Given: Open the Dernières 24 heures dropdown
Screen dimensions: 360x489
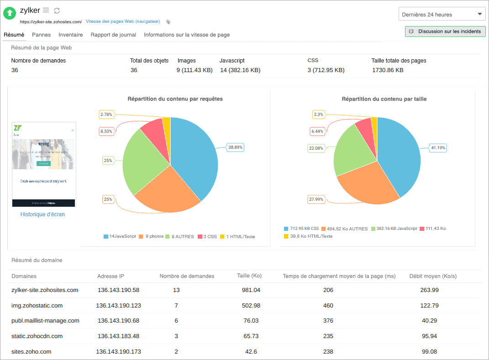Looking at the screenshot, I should [x=442, y=15].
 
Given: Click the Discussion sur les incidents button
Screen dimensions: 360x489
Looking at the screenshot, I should [x=445, y=31].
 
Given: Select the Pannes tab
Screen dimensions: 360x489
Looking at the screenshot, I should [x=42, y=35].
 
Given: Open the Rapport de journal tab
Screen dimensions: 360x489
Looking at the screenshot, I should [x=113, y=35].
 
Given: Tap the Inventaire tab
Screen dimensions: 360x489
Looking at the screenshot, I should [x=71, y=35].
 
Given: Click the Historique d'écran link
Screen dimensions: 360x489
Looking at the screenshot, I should [x=42, y=214].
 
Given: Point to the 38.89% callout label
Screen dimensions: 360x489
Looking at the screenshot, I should [x=236, y=147].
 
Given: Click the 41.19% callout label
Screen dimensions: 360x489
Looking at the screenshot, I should [x=438, y=148].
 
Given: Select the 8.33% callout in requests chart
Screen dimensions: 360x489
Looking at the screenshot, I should [x=106, y=131].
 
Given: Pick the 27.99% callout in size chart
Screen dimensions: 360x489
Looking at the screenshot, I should [x=316, y=199].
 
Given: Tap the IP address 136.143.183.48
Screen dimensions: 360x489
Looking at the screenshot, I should [x=118, y=336].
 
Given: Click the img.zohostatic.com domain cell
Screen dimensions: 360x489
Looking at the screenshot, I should [x=37, y=306].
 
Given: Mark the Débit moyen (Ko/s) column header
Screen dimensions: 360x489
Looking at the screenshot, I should [x=433, y=276].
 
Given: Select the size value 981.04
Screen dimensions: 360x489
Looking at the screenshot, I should [x=251, y=290].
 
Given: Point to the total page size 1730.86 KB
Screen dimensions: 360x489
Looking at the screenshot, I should [x=388, y=70].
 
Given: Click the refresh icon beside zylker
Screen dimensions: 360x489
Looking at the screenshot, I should [x=57, y=10].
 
